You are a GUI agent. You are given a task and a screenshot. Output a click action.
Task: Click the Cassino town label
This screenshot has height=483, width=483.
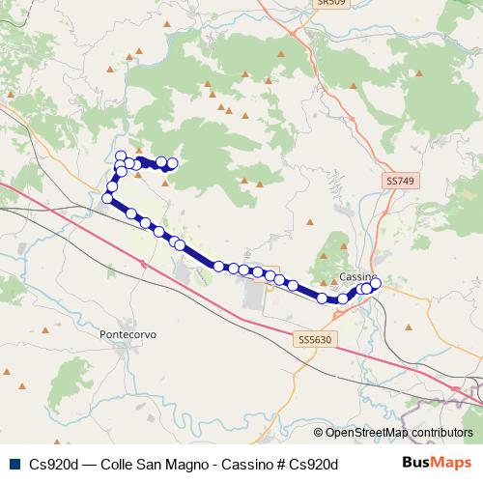click(x=358, y=276)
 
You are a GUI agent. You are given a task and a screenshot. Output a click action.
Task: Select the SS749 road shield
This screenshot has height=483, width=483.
click(x=399, y=181)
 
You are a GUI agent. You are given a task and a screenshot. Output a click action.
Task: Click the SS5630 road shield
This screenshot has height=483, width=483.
click(x=313, y=339)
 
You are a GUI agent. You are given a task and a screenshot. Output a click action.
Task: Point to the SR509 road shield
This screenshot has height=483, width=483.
click(x=330, y=3)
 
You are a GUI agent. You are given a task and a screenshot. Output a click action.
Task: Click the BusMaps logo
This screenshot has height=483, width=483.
click(x=437, y=464)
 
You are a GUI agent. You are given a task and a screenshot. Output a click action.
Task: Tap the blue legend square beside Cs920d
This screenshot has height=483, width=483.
click(x=14, y=464)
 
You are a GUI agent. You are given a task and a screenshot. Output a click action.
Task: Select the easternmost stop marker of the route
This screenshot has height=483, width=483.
click(x=376, y=283)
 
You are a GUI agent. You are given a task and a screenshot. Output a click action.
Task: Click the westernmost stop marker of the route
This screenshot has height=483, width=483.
click(x=107, y=198)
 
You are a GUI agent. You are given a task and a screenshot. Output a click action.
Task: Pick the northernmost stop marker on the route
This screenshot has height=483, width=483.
click(x=121, y=156)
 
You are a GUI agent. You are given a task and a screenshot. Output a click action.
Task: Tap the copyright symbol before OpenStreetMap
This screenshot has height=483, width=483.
click(x=319, y=433)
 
